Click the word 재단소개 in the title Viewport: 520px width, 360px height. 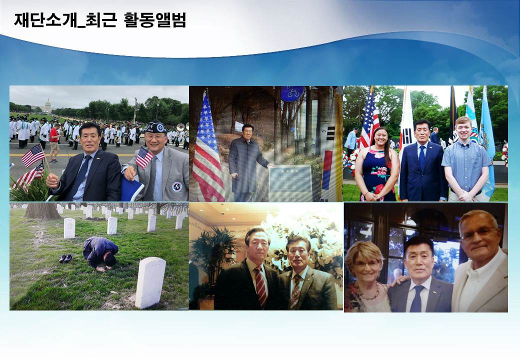click(45, 20)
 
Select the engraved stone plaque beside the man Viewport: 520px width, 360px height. click(290, 183)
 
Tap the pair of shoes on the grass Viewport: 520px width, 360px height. click(65, 258)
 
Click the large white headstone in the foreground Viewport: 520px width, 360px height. click(150, 282)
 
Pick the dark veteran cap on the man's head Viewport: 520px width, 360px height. click(155, 127)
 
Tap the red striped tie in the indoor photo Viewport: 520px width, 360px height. click(261, 286)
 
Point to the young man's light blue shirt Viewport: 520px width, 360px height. click(466, 166)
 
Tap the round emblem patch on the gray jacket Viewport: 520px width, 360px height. click(177, 186)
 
